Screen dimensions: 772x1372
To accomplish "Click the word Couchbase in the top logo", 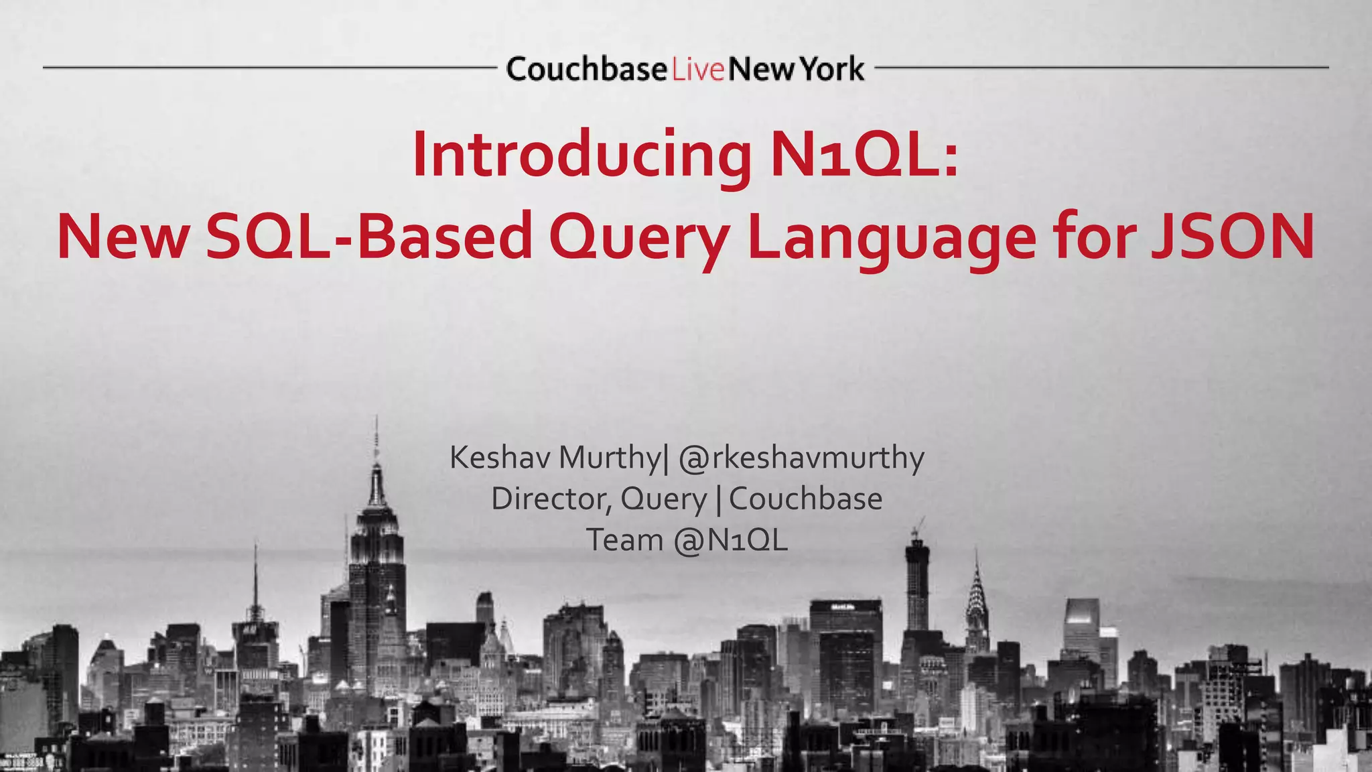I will (x=587, y=69).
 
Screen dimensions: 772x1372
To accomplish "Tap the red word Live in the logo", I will (x=698, y=70).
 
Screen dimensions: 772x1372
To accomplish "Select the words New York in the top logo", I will (x=796, y=69).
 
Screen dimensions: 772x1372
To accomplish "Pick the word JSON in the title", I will (x=1232, y=237).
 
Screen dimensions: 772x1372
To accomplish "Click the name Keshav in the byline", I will (x=500, y=458).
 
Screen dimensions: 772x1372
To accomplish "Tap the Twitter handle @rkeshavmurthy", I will (x=801, y=458).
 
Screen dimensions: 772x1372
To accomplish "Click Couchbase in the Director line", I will (x=805, y=499).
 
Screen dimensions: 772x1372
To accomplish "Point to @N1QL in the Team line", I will (x=731, y=540).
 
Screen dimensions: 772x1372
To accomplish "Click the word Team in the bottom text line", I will (x=624, y=540).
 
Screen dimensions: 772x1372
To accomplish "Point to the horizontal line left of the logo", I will (x=268, y=68).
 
